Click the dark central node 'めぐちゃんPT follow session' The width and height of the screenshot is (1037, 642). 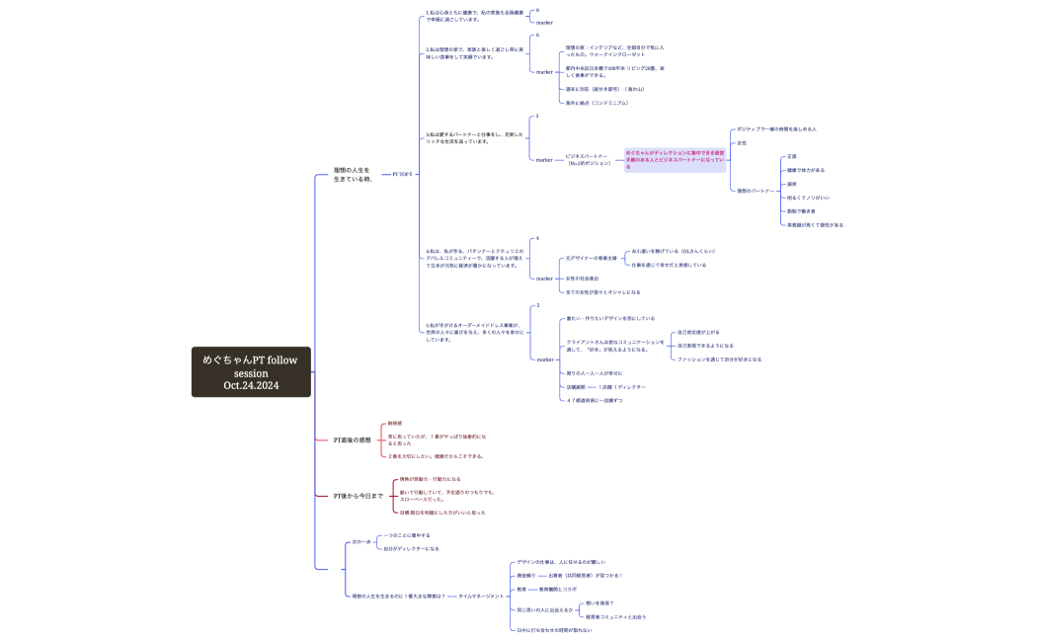(x=250, y=372)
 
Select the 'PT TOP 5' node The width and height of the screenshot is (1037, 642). (x=402, y=174)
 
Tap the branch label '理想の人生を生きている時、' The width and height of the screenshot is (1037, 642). (x=352, y=174)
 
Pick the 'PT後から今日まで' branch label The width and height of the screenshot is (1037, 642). (x=358, y=495)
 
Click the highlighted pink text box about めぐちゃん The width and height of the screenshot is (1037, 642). (x=676, y=159)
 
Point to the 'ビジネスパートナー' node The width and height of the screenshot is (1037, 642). (x=587, y=159)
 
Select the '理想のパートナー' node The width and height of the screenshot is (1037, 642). (x=756, y=191)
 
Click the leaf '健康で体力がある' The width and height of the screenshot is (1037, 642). (x=806, y=170)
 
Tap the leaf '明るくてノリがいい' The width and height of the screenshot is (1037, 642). (x=808, y=198)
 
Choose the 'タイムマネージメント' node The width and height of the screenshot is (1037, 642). (x=481, y=596)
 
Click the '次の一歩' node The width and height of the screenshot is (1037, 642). (x=361, y=541)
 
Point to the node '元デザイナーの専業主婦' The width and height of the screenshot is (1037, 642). (x=591, y=258)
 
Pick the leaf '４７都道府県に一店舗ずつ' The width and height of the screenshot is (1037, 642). (x=594, y=400)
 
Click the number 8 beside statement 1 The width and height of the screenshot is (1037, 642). (x=537, y=10)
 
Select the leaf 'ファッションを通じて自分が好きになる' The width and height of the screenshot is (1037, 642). (x=719, y=360)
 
